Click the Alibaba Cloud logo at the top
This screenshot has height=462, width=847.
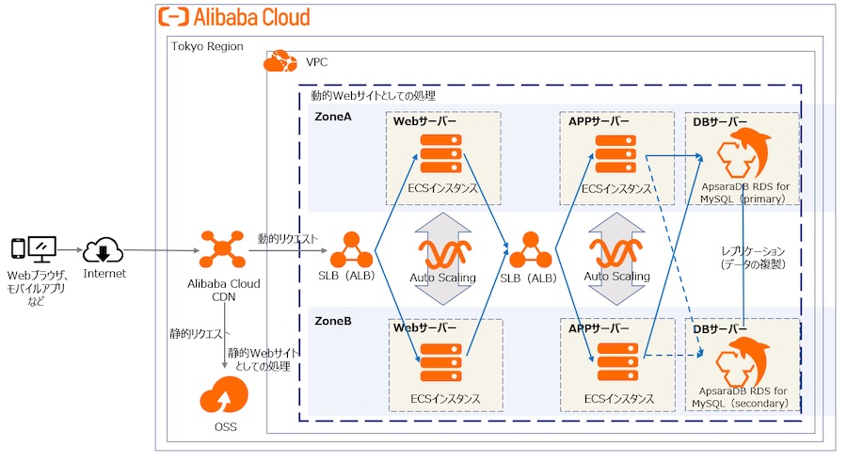coord(233,16)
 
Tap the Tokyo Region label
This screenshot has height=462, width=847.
coord(207,46)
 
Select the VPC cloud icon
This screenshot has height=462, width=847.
coord(279,62)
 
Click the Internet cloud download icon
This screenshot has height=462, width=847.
coord(104,251)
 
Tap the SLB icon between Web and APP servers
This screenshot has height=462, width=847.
coord(528,250)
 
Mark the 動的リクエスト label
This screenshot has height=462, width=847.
coord(289,239)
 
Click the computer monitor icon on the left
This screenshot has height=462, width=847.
coord(42,249)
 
